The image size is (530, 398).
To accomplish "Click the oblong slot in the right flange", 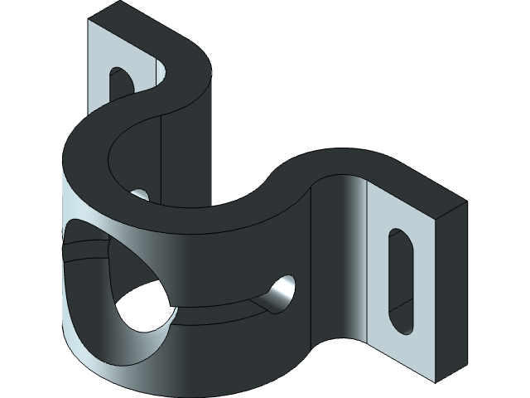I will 401,280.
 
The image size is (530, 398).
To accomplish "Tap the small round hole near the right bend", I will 281,291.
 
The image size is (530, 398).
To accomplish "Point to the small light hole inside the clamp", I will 140,194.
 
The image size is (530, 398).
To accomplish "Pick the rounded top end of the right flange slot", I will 398,235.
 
